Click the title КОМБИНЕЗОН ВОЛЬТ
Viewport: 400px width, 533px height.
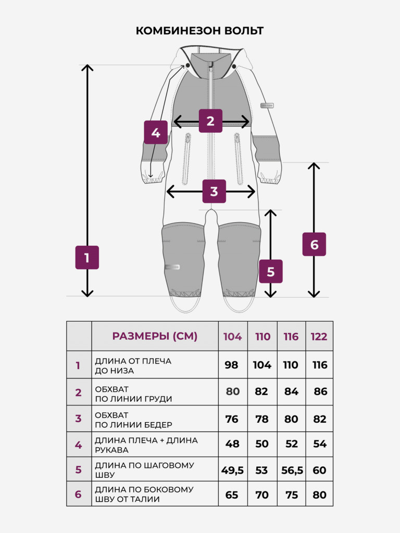point(199,31)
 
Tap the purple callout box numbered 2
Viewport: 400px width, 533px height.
point(210,121)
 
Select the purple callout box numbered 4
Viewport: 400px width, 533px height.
point(156,132)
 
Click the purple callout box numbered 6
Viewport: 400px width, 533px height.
point(314,245)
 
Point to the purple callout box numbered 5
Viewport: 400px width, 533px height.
point(271,271)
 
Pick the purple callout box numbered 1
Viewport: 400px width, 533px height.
point(87,258)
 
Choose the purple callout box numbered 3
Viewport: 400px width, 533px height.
point(214,192)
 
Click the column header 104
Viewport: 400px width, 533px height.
point(233,337)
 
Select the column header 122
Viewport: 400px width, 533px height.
point(319,337)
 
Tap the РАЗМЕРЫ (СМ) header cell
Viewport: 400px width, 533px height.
point(155,336)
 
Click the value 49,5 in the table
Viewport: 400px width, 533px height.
point(233,471)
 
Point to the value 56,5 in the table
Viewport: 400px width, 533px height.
point(292,471)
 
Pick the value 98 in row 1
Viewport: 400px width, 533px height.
point(232,365)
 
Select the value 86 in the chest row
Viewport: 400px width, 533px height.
point(320,391)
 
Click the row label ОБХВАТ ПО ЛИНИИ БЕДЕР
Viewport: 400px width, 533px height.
point(133,420)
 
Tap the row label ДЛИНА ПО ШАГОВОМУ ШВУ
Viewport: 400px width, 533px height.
point(144,470)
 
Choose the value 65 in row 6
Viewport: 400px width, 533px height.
point(232,495)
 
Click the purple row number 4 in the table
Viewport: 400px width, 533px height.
point(79,445)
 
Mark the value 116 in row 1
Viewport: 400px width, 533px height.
point(320,365)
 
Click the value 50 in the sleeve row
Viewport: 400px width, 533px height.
point(262,444)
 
